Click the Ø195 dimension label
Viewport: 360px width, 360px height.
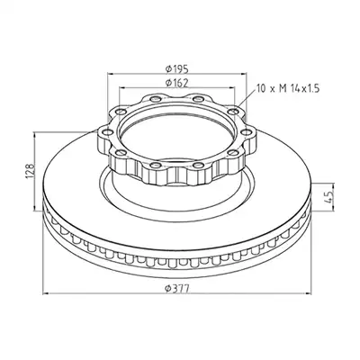pos(176,68)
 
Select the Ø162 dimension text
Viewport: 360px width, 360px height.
pos(176,83)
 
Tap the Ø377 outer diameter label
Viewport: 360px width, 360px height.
pos(177,289)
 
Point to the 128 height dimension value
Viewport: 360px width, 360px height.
pos(30,171)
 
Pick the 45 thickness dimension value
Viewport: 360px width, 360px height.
pos(329,196)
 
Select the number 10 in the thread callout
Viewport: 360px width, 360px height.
pos(261,88)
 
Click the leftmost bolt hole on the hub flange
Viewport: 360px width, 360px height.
pos(105,131)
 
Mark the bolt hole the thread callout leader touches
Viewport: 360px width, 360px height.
pos(232,112)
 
